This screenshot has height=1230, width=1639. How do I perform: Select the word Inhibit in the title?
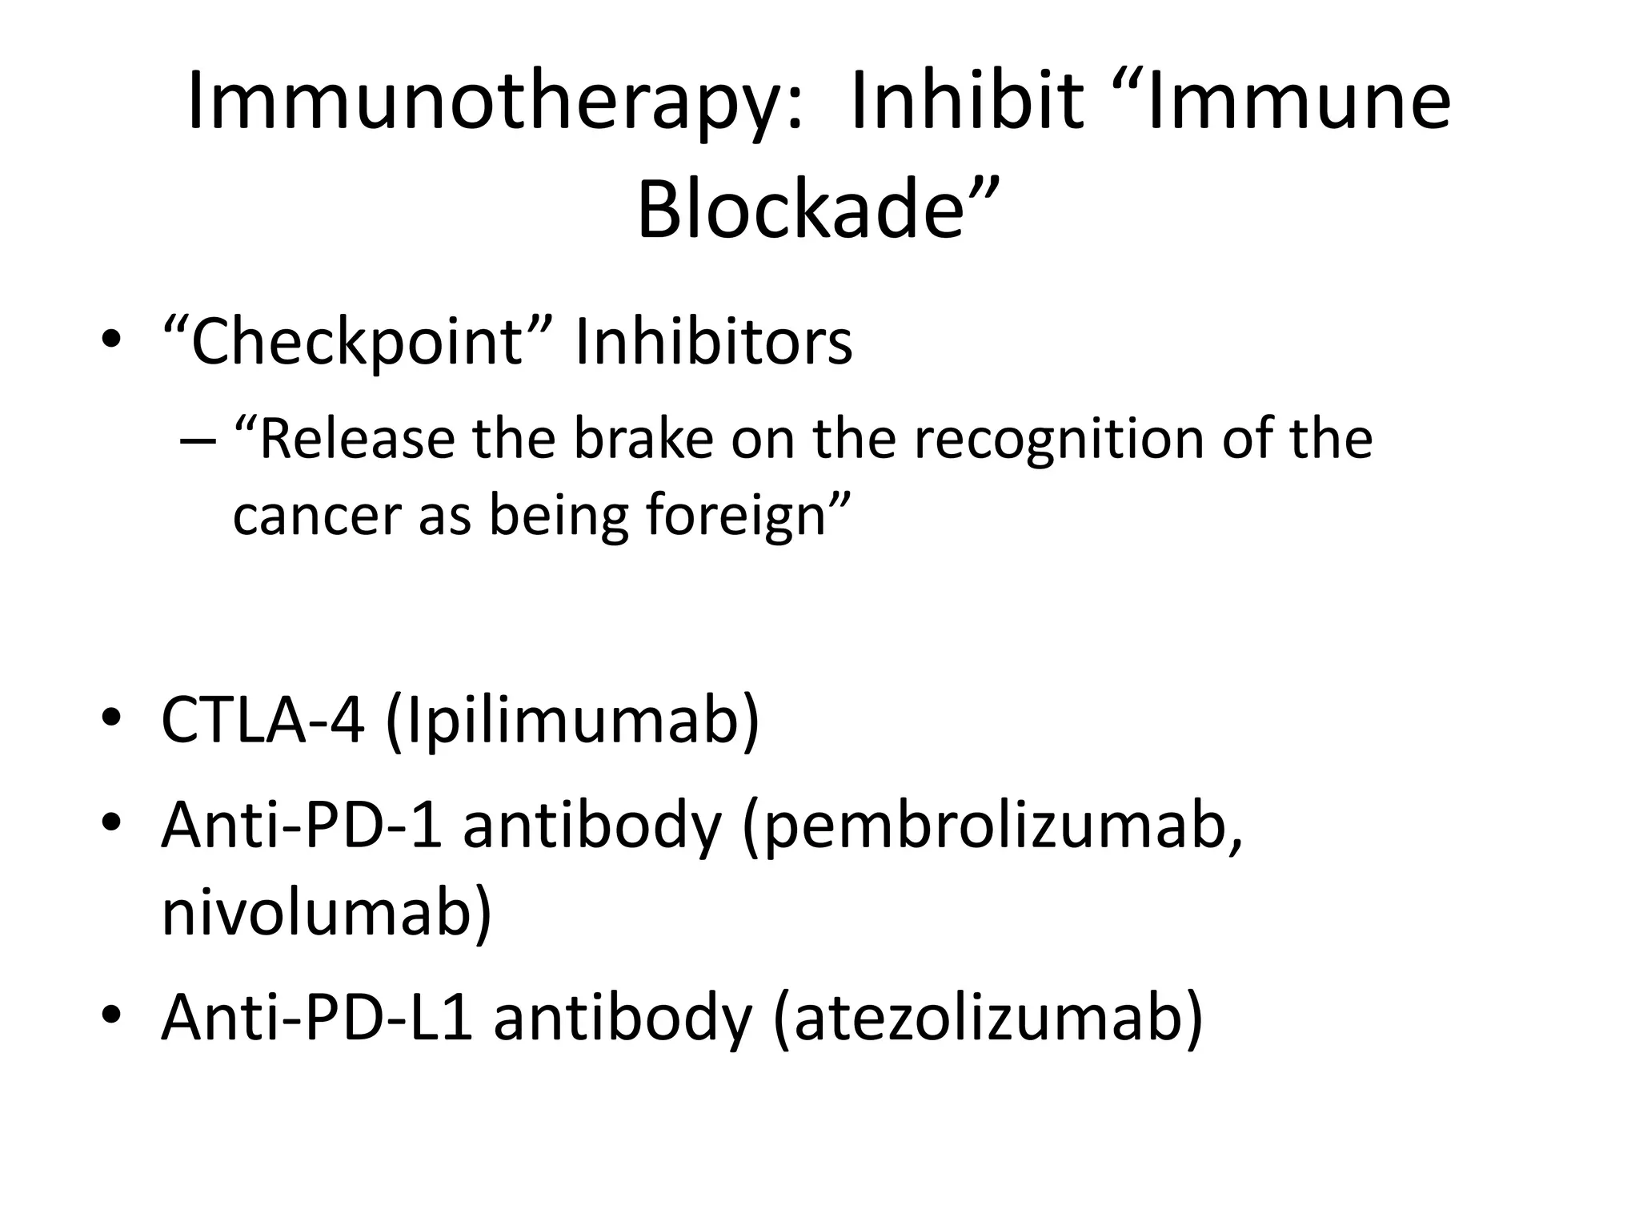pos(966,102)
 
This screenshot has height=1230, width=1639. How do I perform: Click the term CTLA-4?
pos(262,720)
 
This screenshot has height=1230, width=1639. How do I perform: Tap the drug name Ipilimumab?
pos(571,720)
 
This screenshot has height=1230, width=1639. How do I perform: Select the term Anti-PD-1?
pos(303,826)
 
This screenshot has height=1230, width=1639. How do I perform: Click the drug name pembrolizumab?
pos(992,826)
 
